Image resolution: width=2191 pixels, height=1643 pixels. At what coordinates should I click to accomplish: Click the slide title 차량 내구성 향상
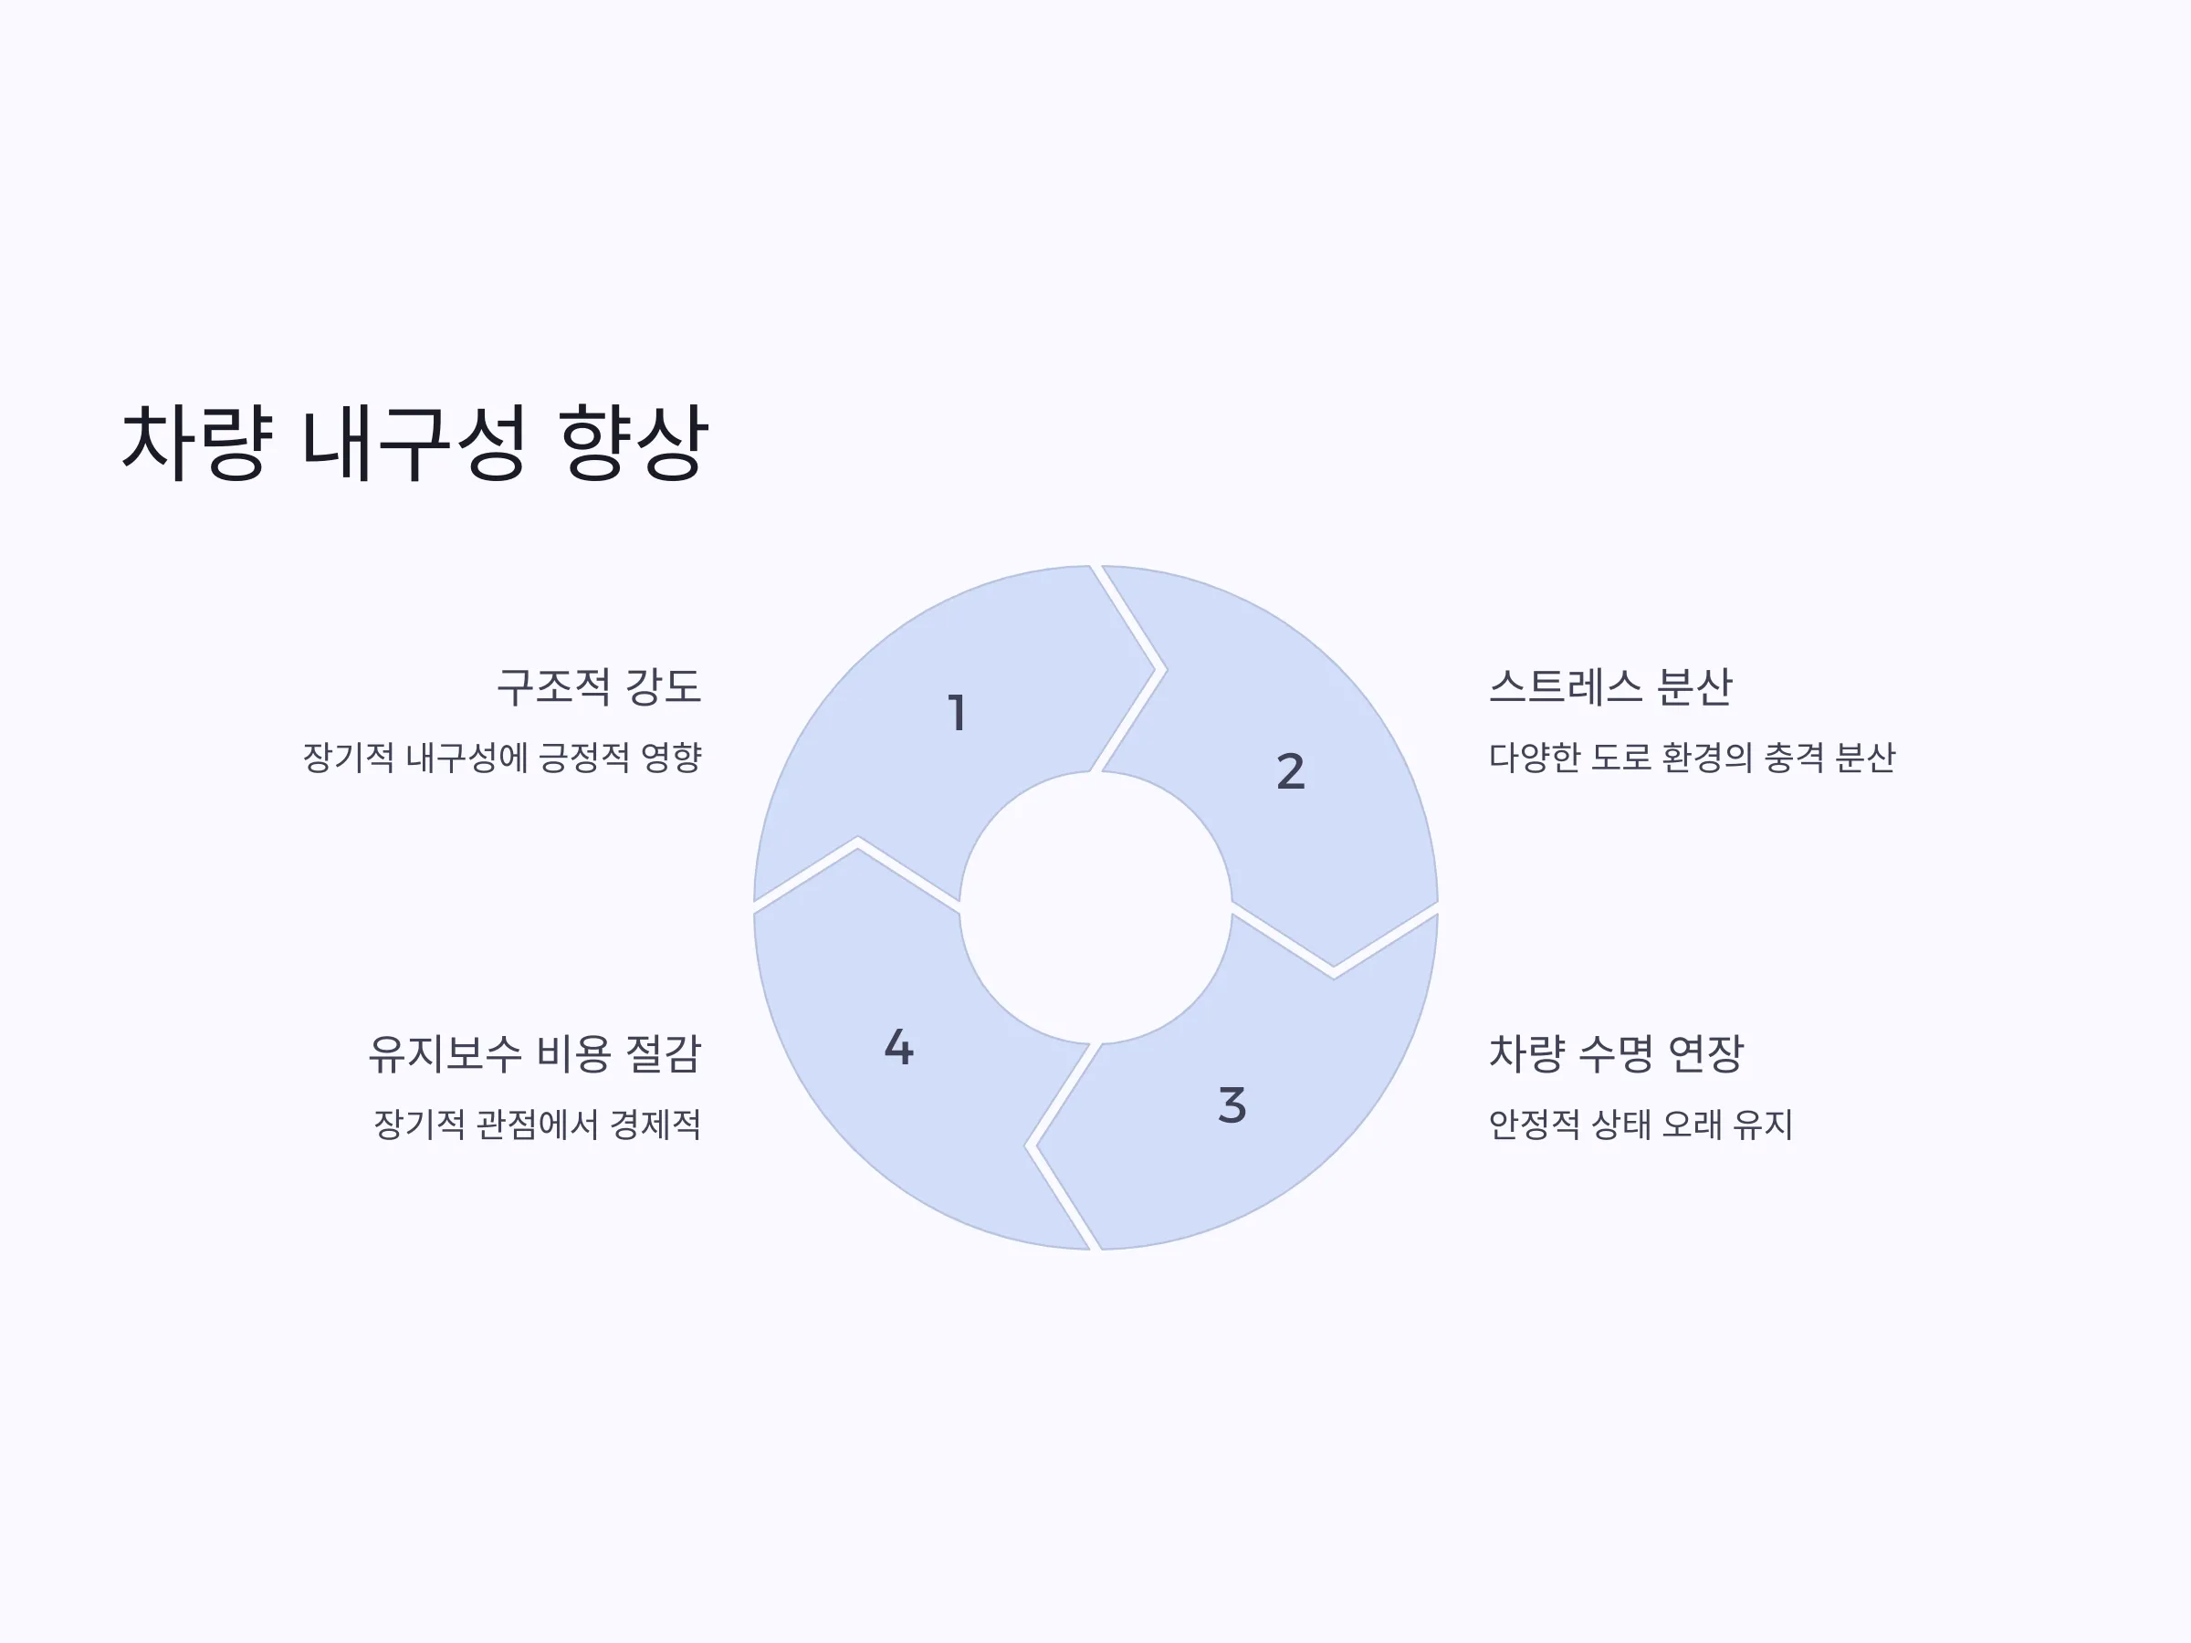click(x=414, y=442)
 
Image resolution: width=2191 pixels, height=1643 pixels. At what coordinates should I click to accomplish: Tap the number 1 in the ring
click(x=957, y=713)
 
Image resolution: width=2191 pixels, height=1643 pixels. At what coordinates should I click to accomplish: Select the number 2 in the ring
click(x=1291, y=771)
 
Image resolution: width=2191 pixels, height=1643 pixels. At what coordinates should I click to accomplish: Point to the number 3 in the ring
click(x=1232, y=1105)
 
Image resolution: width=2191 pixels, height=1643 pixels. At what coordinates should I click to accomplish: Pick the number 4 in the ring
click(x=898, y=1047)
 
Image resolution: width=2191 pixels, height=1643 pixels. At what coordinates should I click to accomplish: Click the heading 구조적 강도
click(x=599, y=686)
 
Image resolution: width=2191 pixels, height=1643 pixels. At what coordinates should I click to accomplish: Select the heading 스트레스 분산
click(x=1610, y=686)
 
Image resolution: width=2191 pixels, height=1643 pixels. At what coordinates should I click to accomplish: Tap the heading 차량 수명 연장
click(x=1617, y=1052)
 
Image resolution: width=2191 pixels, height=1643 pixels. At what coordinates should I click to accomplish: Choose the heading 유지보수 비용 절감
click(x=535, y=1052)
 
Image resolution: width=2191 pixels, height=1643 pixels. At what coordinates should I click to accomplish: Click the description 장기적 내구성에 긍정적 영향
click(x=502, y=758)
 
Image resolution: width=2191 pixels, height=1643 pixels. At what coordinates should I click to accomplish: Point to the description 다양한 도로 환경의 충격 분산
click(x=1692, y=758)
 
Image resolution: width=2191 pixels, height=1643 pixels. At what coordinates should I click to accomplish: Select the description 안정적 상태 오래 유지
click(x=1641, y=1124)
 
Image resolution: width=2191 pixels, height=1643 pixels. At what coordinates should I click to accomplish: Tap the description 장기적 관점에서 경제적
click(x=537, y=1124)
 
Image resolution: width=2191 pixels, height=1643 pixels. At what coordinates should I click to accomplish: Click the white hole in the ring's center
click(x=1095, y=907)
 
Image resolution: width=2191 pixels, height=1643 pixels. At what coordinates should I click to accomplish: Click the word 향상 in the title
click(x=634, y=442)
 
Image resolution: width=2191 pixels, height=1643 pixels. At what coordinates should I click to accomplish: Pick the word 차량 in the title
click(x=196, y=442)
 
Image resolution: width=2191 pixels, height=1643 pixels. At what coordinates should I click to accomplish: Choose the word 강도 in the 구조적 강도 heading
click(x=664, y=686)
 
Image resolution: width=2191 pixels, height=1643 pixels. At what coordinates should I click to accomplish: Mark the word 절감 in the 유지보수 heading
click(x=664, y=1052)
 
